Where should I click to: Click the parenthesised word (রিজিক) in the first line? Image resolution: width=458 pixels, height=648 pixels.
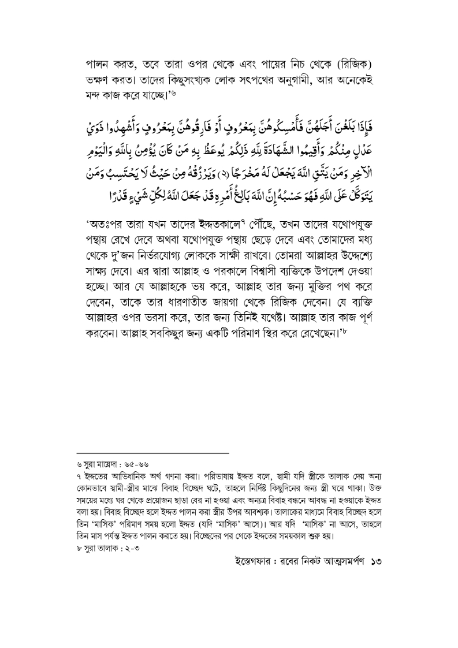point(359,61)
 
